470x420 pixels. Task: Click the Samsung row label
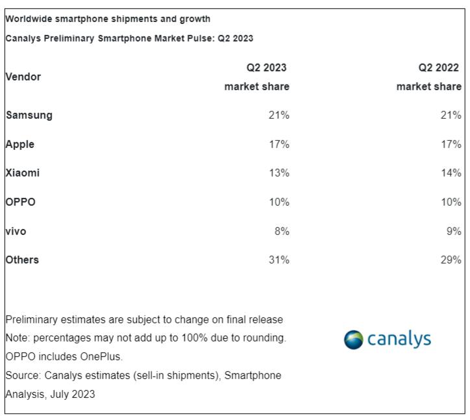[29, 116]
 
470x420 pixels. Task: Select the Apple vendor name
[20, 144]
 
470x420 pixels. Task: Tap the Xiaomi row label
[22, 173]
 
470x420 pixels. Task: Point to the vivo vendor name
[16, 231]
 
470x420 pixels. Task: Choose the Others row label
[22, 260]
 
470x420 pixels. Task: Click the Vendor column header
[23, 77]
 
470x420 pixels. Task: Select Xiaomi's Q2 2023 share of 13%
[279, 173]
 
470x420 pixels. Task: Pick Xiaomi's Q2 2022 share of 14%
[451, 173]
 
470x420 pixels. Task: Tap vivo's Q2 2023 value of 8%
[282, 231]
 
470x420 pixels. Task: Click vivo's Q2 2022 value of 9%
[454, 231]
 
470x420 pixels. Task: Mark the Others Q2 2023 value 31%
[279, 260]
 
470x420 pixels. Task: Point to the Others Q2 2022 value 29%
[451, 260]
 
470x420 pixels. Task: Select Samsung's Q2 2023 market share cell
[279, 116]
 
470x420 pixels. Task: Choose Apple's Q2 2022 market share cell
[451, 144]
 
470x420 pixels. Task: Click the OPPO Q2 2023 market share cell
[279, 202]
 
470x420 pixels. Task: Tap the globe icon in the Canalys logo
[354, 340]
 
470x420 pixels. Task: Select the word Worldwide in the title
[27, 19]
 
